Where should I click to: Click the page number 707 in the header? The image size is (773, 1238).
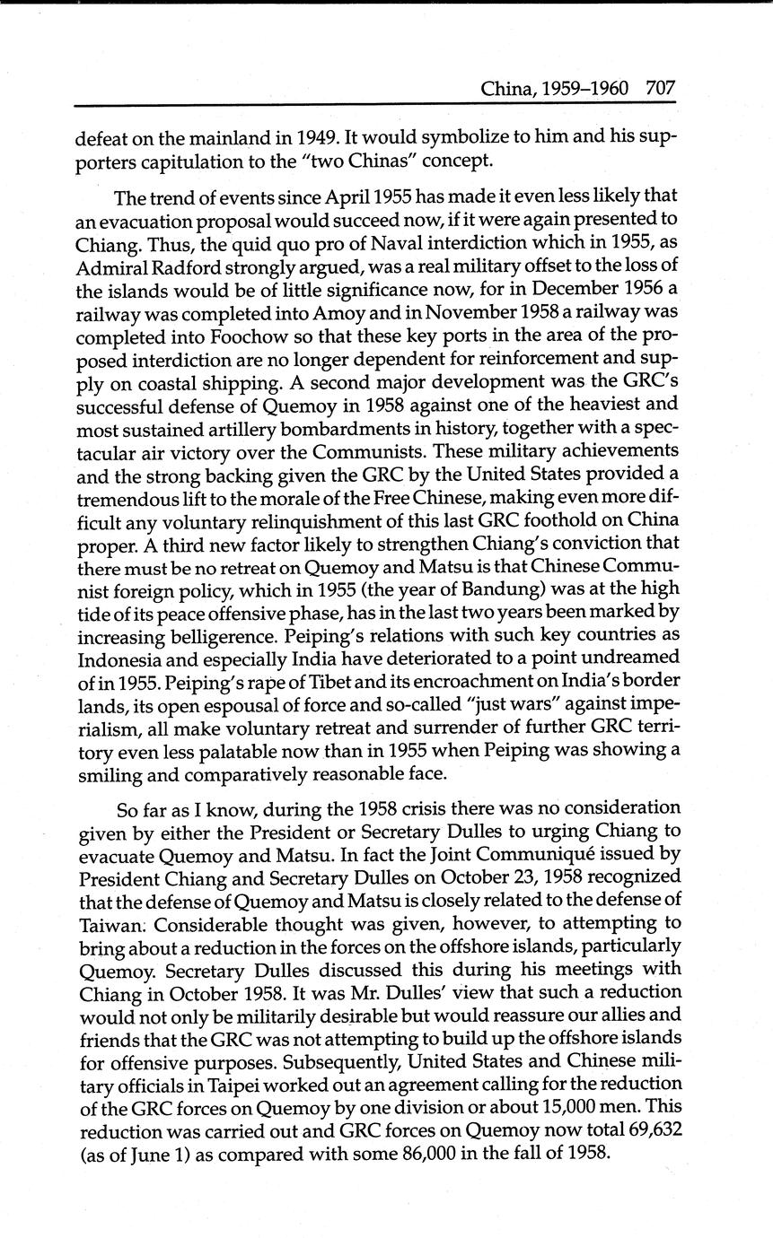point(659,88)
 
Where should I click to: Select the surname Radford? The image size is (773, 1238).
point(174,289)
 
